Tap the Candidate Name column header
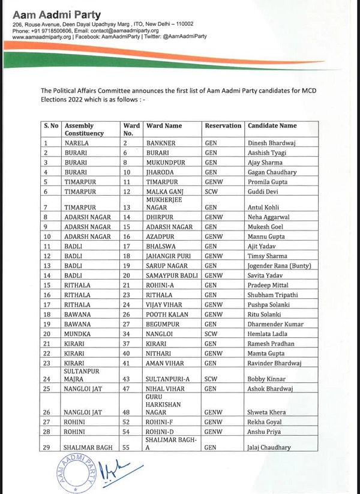pyautogui.click(x=272, y=126)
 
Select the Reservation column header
pyautogui.click(x=223, y=126)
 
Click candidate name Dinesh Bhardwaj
pyautogui.click(x=273, y=143)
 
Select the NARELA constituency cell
pyautogui.click(x=77, y=143)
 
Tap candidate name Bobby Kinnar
pyautogui.click(x=267, y=379)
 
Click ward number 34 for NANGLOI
pyautogui.click(x=127, y=334)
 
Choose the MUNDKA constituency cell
pyautogui.click(x=78, y=334)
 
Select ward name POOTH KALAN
pyautogui.click(x=167, y=315)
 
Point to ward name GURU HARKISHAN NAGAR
pyautogui.click(x=164, y=405)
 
